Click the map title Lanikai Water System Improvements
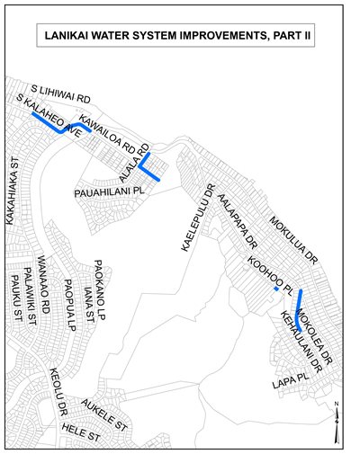(178, 38)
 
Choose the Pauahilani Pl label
(110, 191)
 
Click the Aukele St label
(106, 411)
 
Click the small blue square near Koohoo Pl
(276, 289)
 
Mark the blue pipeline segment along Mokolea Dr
(299, 310)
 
